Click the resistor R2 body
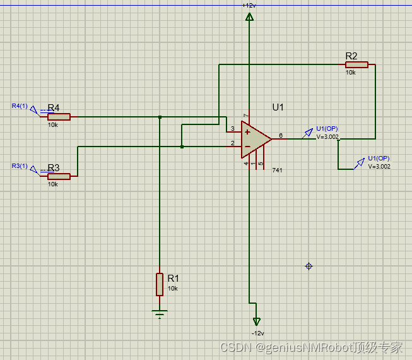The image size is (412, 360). click(356, 64)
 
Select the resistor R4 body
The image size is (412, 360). click(59, 117)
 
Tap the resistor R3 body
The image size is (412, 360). click(59, 176)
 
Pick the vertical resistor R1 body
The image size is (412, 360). click(160, 284)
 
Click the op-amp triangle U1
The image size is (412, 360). click(255, 138)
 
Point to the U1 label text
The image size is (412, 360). click(278, 107)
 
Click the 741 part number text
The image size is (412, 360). click(277, 171)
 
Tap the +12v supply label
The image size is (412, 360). click(249, 5)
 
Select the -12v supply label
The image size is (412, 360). click(257, 333)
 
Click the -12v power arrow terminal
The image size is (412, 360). click(256, 321)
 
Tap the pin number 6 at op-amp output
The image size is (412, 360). click(280, 135)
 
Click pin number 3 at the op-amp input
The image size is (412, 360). click(232, 129)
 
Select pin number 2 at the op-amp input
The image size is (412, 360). click(232, 143)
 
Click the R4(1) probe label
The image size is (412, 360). click(20, 105)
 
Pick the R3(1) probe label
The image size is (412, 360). click(20, 165)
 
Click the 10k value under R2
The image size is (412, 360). click(350, 73)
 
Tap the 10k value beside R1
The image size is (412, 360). click(172, 288)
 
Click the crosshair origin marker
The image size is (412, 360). click(309, 267)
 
